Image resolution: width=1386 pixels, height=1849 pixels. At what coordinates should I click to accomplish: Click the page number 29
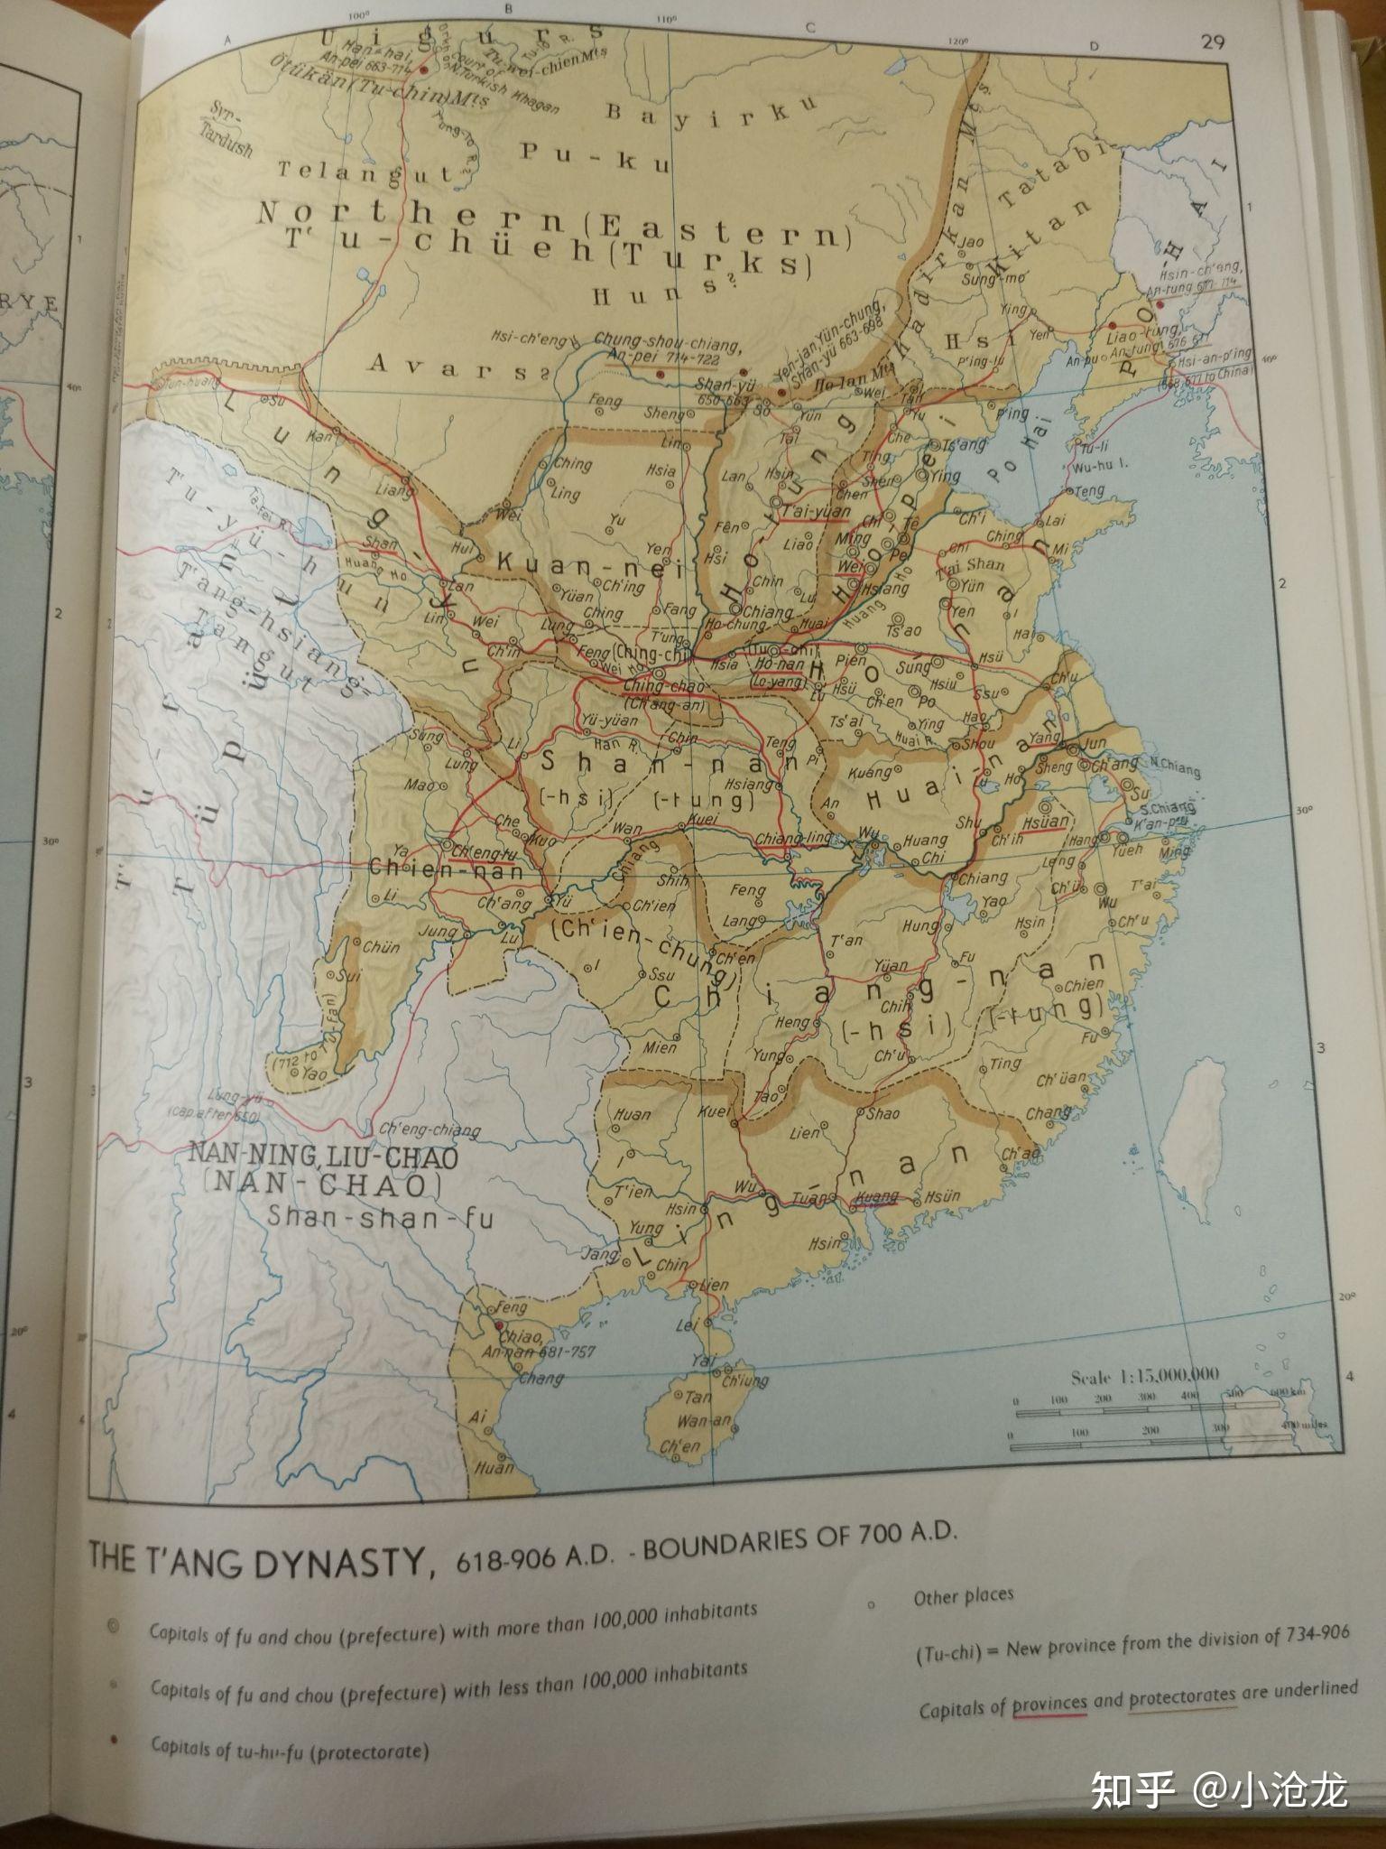pyautogui.click(x=1213, y=42)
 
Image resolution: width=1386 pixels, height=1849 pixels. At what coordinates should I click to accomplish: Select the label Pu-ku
pyautogui.click(x=595, y=156)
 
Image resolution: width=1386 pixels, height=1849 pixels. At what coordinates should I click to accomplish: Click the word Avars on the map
pyautogui.click(x=448, y=366)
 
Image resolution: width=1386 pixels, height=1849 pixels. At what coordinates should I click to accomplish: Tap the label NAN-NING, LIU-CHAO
pyautogui.click(x=323, y=1157)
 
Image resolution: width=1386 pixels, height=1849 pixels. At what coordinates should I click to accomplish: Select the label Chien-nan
pyautogui.click(x=446, y=869)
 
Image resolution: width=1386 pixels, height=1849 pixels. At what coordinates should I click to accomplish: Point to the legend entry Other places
pyautogui.click(x=964, y=1596)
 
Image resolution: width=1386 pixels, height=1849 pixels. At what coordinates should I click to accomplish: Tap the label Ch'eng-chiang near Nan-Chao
pyautogui.click(x=430, y=1129)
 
